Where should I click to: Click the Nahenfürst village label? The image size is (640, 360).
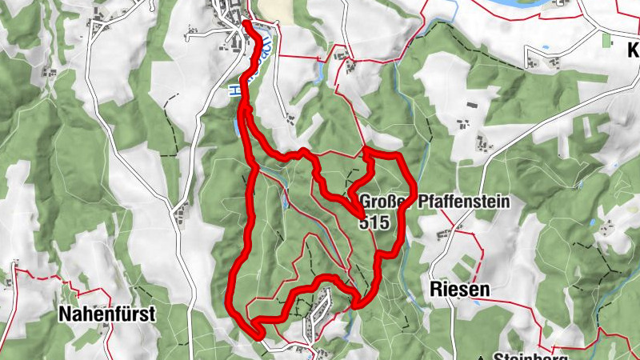click(106, 314)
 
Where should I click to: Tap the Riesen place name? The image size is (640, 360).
click(458, 289)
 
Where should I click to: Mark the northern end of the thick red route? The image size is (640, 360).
click(246, 24)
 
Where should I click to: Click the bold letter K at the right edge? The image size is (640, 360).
click(633, 51)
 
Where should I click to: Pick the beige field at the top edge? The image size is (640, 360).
click(276, 10)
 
